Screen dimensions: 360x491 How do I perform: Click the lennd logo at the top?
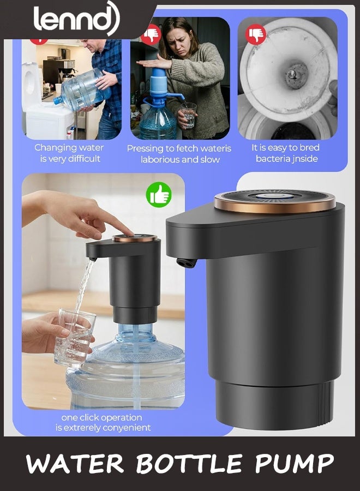tap(76, 18)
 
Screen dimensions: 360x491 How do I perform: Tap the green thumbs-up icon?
tap(159, 195)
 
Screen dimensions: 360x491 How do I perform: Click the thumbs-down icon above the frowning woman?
tap(150, 35)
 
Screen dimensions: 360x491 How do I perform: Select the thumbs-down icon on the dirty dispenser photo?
tap(255, 34)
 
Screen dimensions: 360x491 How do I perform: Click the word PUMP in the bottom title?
tap(294, 463)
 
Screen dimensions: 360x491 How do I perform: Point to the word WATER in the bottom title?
tap(75, 463)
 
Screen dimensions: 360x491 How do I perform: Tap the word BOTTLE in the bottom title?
tap(189, 463)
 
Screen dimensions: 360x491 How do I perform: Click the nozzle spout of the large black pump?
tap(186, 263)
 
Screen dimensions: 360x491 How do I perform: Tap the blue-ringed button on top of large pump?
tap(274, 196)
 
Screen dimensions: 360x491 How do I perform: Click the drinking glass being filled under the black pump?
tap(75, 337)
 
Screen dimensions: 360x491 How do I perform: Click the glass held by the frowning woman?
tap(189, 115)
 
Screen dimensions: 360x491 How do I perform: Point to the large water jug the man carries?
tap(82, 90)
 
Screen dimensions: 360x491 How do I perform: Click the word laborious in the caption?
tap(160, 160)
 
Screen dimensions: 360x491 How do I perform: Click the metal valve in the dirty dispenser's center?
tap(292, 75)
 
